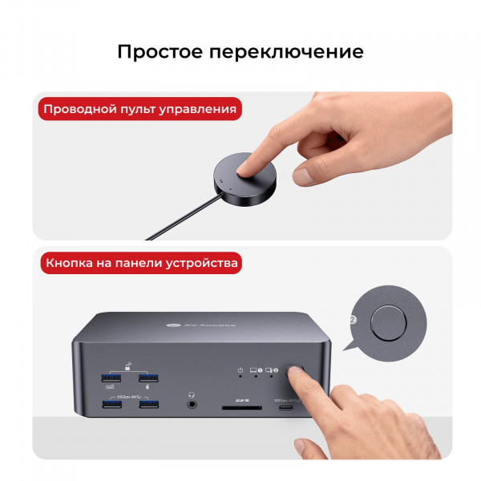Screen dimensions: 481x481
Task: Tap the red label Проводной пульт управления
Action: click(140, 110)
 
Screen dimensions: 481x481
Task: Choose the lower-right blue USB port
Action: click(149, 404)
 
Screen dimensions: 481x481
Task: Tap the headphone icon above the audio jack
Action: click(192, 394)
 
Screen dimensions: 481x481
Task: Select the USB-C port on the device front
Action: click(285, 408)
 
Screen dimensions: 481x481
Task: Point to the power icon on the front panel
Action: click(240, 370)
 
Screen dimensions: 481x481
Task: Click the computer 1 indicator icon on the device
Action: click(257, 370)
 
